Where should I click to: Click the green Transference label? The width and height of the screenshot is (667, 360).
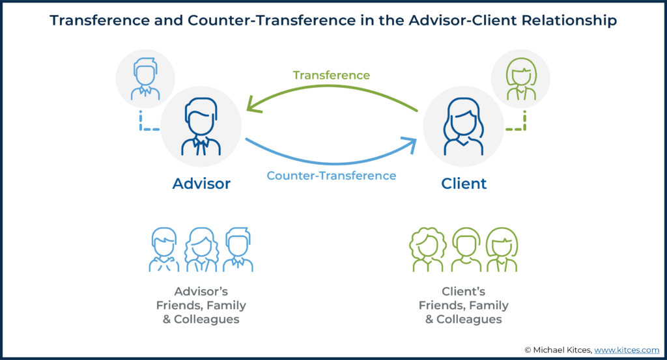(332, 76)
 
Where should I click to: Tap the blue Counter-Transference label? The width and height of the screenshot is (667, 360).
(332, 176)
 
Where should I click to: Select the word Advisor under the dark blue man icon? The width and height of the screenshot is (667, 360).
(201, 184)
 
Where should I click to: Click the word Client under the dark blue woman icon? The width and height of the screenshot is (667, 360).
(464, 184)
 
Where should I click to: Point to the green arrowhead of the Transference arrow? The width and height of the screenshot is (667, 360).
(253, 105)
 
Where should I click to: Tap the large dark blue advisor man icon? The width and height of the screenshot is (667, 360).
(201, 127)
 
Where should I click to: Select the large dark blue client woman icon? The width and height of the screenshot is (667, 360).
(463, 127)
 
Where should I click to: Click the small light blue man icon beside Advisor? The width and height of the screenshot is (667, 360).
(145, 79)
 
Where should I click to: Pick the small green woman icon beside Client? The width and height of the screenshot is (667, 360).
(520, 79)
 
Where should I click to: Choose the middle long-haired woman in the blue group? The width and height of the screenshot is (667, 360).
(201, 249)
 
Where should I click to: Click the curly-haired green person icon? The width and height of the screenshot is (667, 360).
(428, 249)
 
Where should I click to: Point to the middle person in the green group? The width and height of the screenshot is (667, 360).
(466, 249)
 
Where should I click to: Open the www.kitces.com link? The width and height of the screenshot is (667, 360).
(627, 350)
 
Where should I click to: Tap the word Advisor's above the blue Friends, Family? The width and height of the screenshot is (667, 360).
(201, 292)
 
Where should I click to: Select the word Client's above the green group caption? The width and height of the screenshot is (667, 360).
(464, 292)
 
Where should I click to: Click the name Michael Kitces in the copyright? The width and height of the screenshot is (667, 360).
(561, 350)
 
